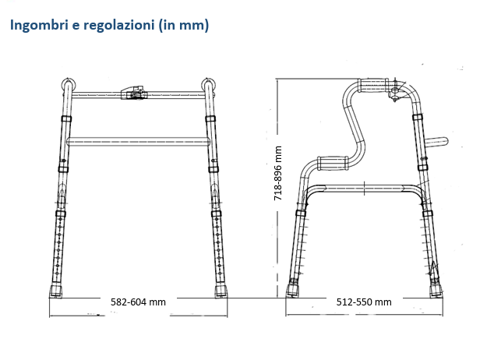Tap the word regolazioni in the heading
(x=115, y=25)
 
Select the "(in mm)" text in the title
(x=183, y=25)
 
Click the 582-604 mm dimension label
(x=138, y=302)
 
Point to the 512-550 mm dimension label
(x=364, y=302)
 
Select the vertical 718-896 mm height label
(x=278, y=172)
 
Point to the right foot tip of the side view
(x=435, y=291)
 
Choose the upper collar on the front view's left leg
(x=66, y=119)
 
